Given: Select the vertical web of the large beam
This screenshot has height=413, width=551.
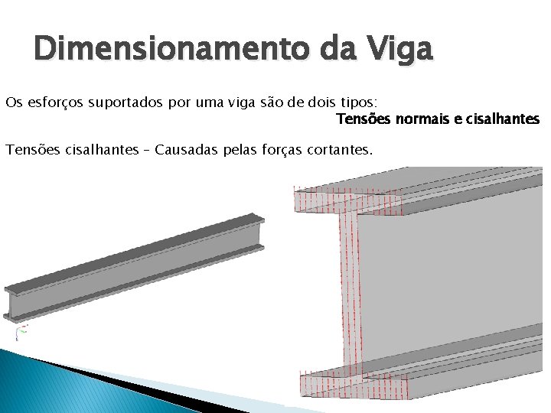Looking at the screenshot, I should pos(349,291).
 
